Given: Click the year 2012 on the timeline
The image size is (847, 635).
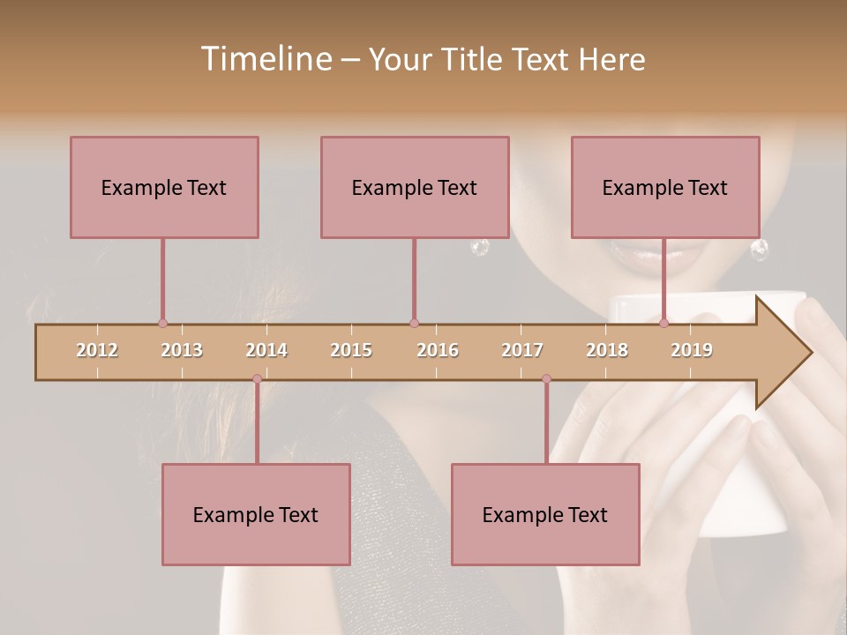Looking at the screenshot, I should pos(97,350).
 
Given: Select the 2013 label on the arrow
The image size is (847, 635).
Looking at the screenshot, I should pos(182,350).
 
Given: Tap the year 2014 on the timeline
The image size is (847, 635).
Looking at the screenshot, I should pos(266,350).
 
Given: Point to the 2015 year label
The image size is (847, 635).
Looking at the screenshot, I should pos(351,350).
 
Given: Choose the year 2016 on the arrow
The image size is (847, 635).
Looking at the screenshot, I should pos(438,350).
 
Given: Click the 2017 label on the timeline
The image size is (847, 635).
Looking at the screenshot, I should pos(522,350).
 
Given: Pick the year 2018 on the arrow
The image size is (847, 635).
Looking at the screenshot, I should pos(607,350).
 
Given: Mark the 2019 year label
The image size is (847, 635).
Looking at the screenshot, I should pos(692,350).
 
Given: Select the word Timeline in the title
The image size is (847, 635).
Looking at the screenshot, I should pos(265,59).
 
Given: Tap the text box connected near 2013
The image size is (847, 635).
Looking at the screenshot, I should pos(164,187).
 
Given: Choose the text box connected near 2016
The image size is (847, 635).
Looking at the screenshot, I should pos(415,187).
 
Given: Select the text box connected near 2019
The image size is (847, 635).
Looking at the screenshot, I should pos(665,187).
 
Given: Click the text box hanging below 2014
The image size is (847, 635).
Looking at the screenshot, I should pos(256,514).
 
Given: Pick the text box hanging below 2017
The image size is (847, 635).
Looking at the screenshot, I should pos(545,514).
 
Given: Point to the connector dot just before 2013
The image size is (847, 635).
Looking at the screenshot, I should pos(162,324).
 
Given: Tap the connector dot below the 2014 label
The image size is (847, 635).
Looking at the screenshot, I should pos(257,379).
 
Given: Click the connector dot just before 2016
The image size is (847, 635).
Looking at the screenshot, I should pos(414,324).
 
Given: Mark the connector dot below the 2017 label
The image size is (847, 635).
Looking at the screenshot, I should pos(546,379).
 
